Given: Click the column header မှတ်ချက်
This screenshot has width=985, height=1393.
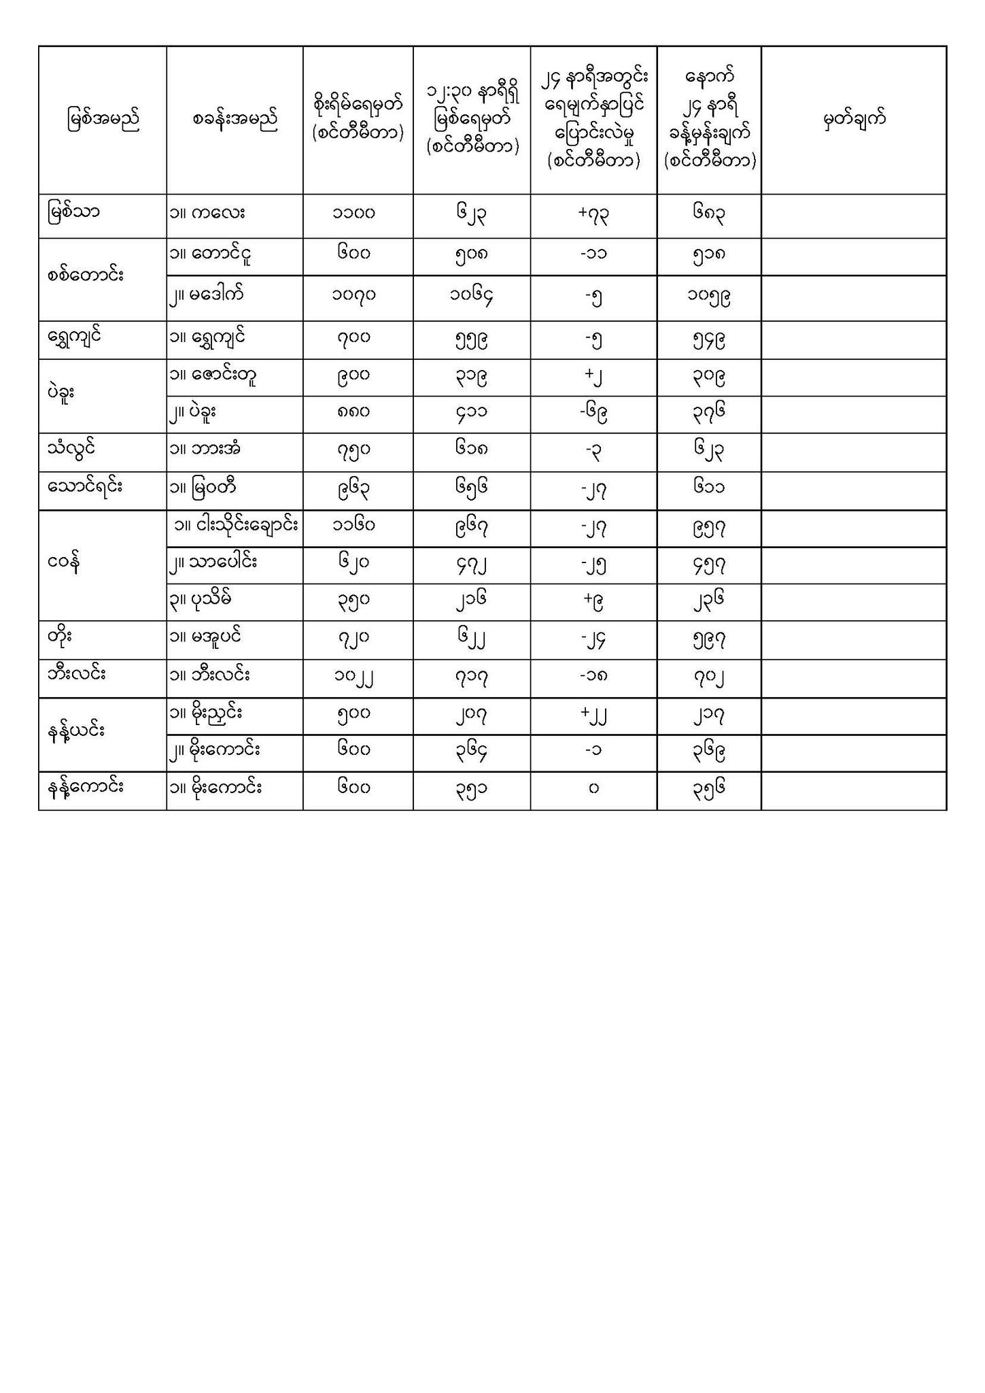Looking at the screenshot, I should (854, 120).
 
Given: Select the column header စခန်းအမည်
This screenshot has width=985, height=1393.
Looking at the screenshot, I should (235, 120).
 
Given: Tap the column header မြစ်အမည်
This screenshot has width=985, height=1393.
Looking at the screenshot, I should (103, 120).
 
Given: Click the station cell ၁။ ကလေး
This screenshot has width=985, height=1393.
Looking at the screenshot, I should (207, 213).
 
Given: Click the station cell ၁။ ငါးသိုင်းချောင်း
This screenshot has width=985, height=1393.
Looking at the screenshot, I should (236, 525).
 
